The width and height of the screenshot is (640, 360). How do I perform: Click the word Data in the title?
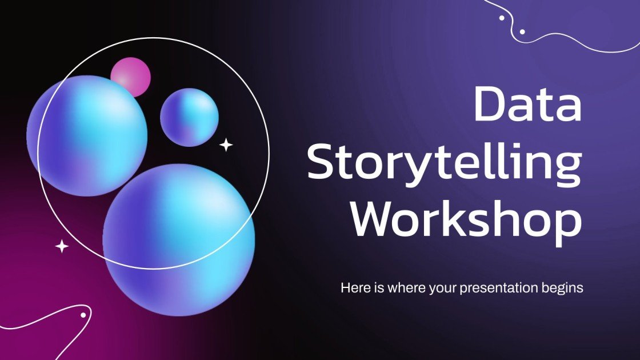click(x=527, y=105)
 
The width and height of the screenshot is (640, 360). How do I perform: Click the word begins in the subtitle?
click(x=563, y=288)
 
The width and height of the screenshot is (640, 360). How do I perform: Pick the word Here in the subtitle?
click(x=353, y=287)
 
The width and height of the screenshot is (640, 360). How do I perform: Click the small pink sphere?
click(x=130, y=75)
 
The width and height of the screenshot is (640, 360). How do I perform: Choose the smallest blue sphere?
click(x=189, y=117)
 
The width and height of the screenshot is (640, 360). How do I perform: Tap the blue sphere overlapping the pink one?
click(x=87, y=135)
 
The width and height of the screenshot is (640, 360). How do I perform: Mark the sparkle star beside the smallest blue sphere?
click(x=226, y=145)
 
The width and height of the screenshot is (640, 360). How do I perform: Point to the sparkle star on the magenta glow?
click(x=62, y=246)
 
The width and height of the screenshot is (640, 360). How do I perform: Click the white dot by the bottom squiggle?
click(x=83, y=315)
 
